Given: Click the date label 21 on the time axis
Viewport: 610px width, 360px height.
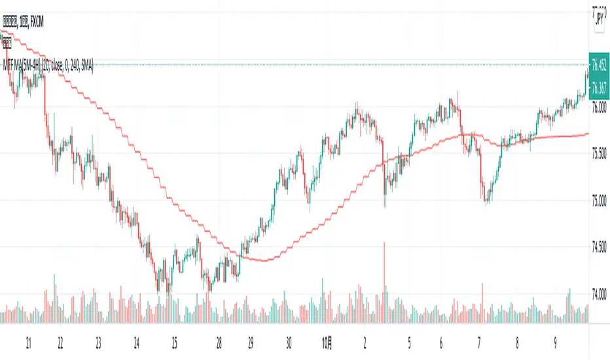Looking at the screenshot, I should pos(29,342).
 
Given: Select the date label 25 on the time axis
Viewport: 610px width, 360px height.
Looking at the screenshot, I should pos(175,342).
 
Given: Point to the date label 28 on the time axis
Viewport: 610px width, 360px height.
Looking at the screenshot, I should pos(219,342).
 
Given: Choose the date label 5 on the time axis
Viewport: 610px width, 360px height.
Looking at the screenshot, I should pos(408,342).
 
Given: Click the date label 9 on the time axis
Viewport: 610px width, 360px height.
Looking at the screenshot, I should pos(555,342).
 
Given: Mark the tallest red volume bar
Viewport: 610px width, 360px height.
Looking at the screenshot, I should pos(384,282).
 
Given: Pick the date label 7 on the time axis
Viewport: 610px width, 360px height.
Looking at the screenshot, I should pos(480,342).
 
